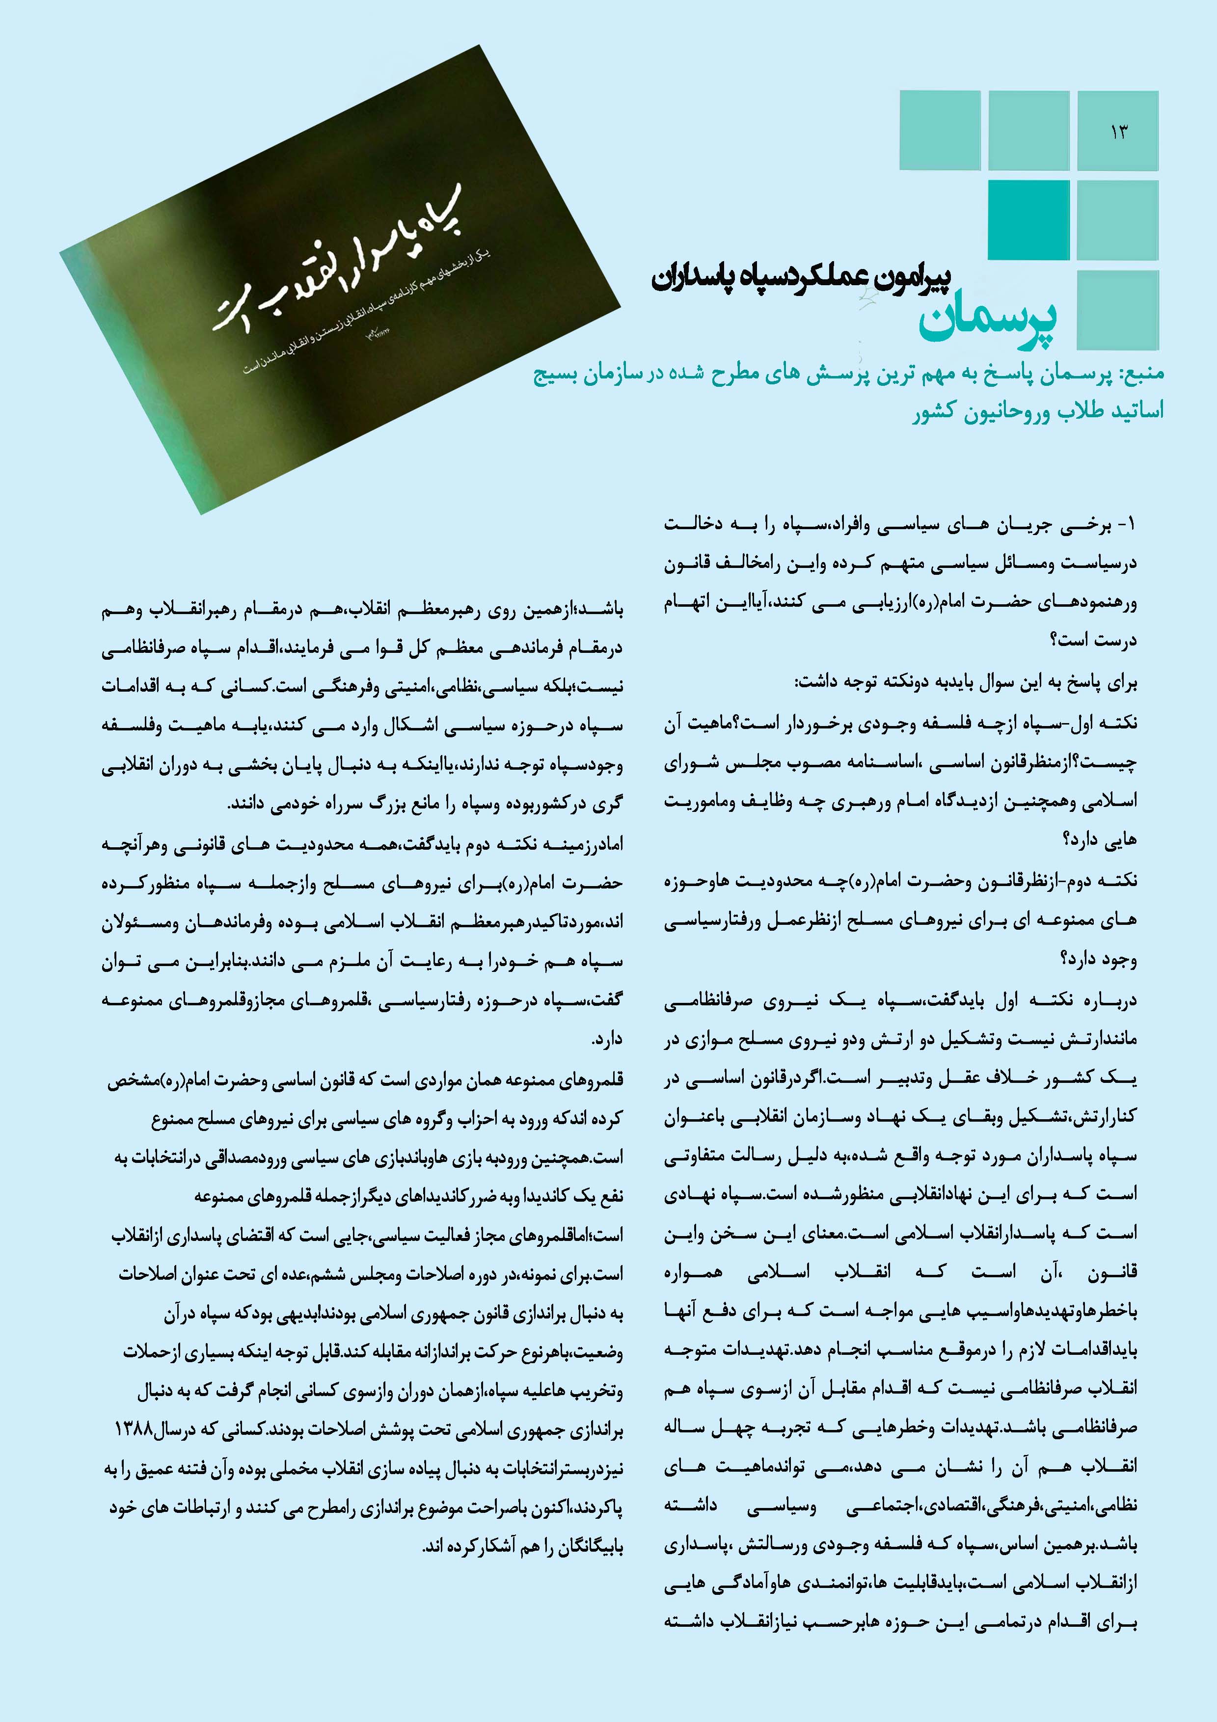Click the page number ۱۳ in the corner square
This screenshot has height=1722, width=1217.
point(1118,132)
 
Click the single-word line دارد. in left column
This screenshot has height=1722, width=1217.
point(607,1040)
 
